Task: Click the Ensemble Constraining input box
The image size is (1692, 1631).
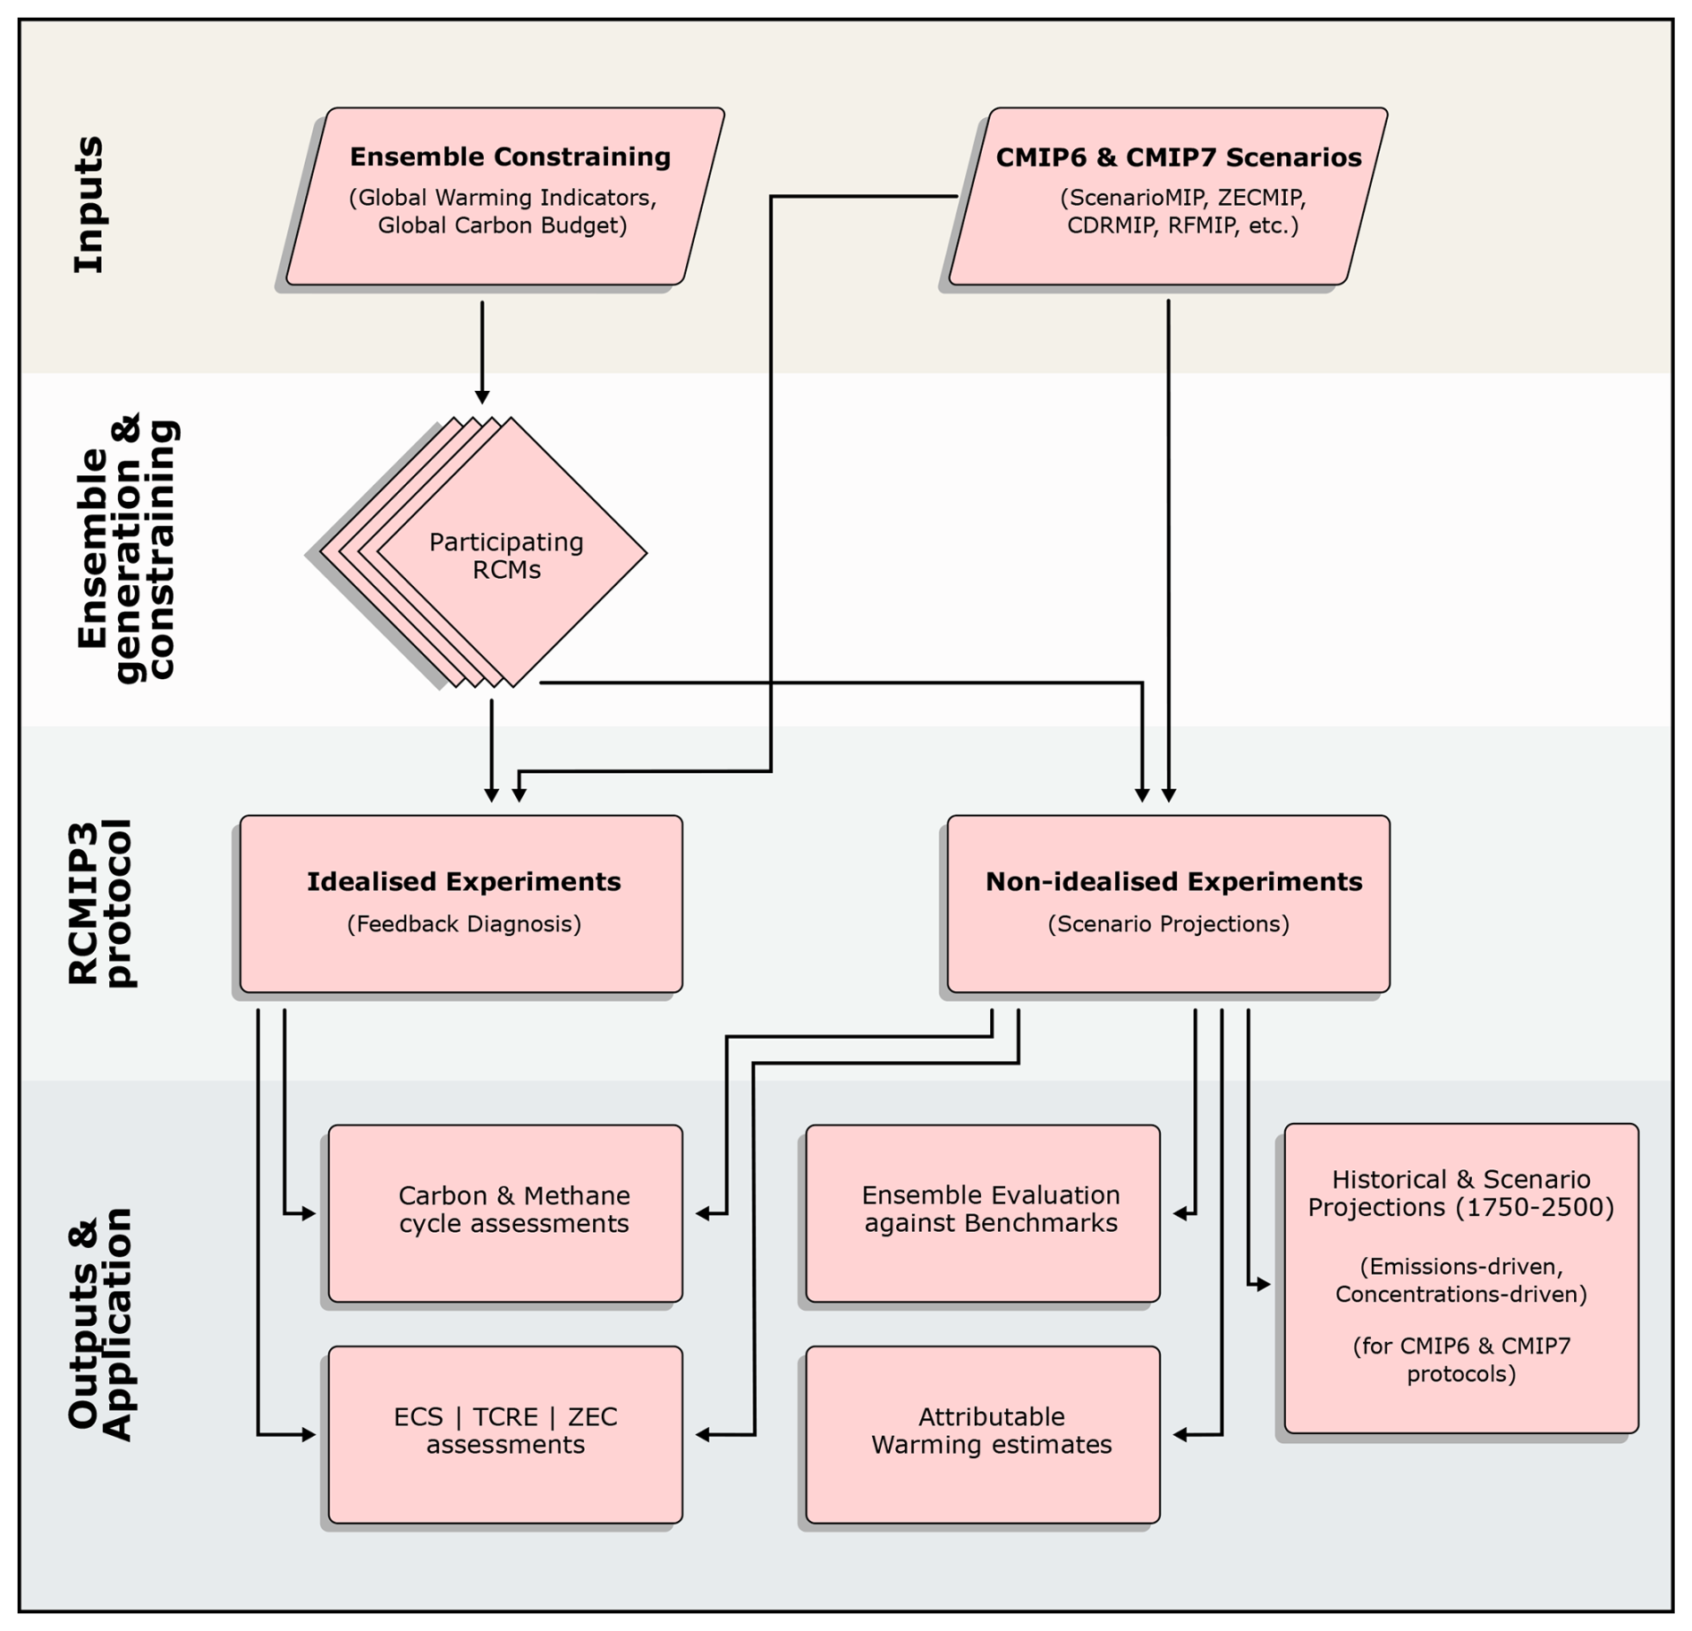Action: [505, 197]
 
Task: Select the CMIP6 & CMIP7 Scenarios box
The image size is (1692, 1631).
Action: [1168, 197]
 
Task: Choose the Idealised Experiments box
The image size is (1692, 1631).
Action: [461, 904]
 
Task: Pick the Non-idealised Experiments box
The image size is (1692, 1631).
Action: [1169, 904]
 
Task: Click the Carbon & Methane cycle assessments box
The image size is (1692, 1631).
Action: [505, 1213]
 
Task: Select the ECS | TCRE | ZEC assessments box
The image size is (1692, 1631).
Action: [505, 1434]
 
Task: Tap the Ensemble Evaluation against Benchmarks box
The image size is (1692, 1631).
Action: [983, 1213]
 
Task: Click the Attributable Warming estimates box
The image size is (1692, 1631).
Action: [983, 1434]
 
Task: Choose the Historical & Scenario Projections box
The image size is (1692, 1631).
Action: [1461, 1278]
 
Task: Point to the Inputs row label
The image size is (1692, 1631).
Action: [89, 205]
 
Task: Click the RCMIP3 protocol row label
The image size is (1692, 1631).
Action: [101, 903]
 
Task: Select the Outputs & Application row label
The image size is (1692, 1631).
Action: [100, 1324]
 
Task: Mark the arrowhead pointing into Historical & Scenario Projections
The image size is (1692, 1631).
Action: [1265, 1285]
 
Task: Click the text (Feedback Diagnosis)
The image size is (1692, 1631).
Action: [464, 923]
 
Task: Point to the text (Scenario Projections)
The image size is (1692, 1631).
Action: [1169, 923]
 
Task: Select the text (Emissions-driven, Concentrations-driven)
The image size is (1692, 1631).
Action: [1461, 1280]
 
